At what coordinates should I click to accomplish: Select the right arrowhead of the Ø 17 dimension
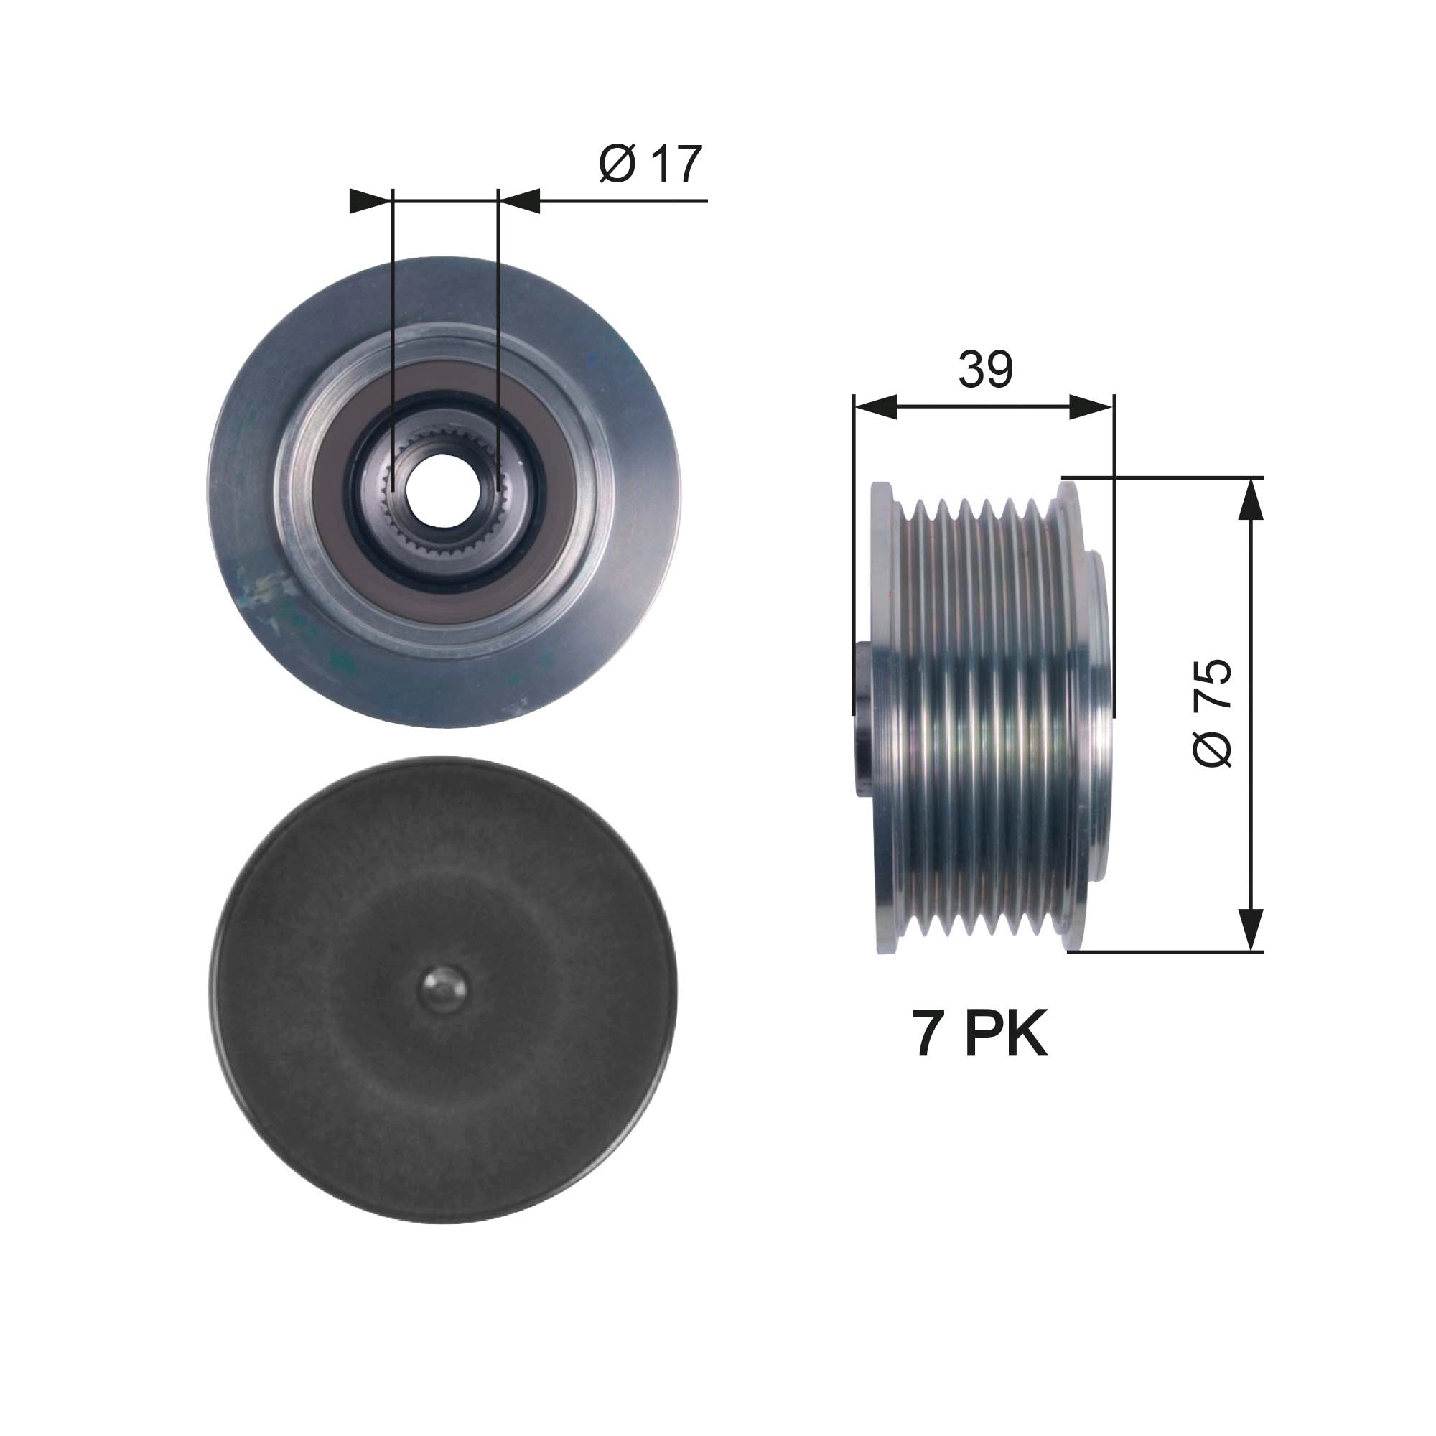pyautogui.click(x=520, y=201)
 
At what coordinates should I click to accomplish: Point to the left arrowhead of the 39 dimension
pyautogui.click(x=875, y=407)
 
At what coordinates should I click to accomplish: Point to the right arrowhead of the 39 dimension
pyautogui.click(x=1093, y=407)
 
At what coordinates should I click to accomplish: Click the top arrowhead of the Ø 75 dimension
pyautogui.click(x=1252, y=499)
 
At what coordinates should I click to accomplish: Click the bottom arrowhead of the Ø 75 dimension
pyautogui.click(x=1252, y=930)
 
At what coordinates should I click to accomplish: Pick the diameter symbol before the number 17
pyautogui.click(x=616, y=165)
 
